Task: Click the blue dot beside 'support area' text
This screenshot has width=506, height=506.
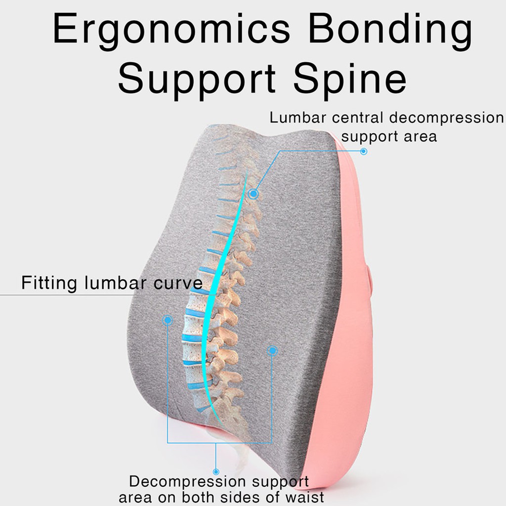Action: (364, 151)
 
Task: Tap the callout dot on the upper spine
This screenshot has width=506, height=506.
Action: (253, 194)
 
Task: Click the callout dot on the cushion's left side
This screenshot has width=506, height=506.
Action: (168, 320)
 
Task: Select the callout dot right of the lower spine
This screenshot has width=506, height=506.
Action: (272, 351)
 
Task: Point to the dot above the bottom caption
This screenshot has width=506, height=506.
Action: (216, 472)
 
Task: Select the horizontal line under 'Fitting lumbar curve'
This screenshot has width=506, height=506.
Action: (74, 295)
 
